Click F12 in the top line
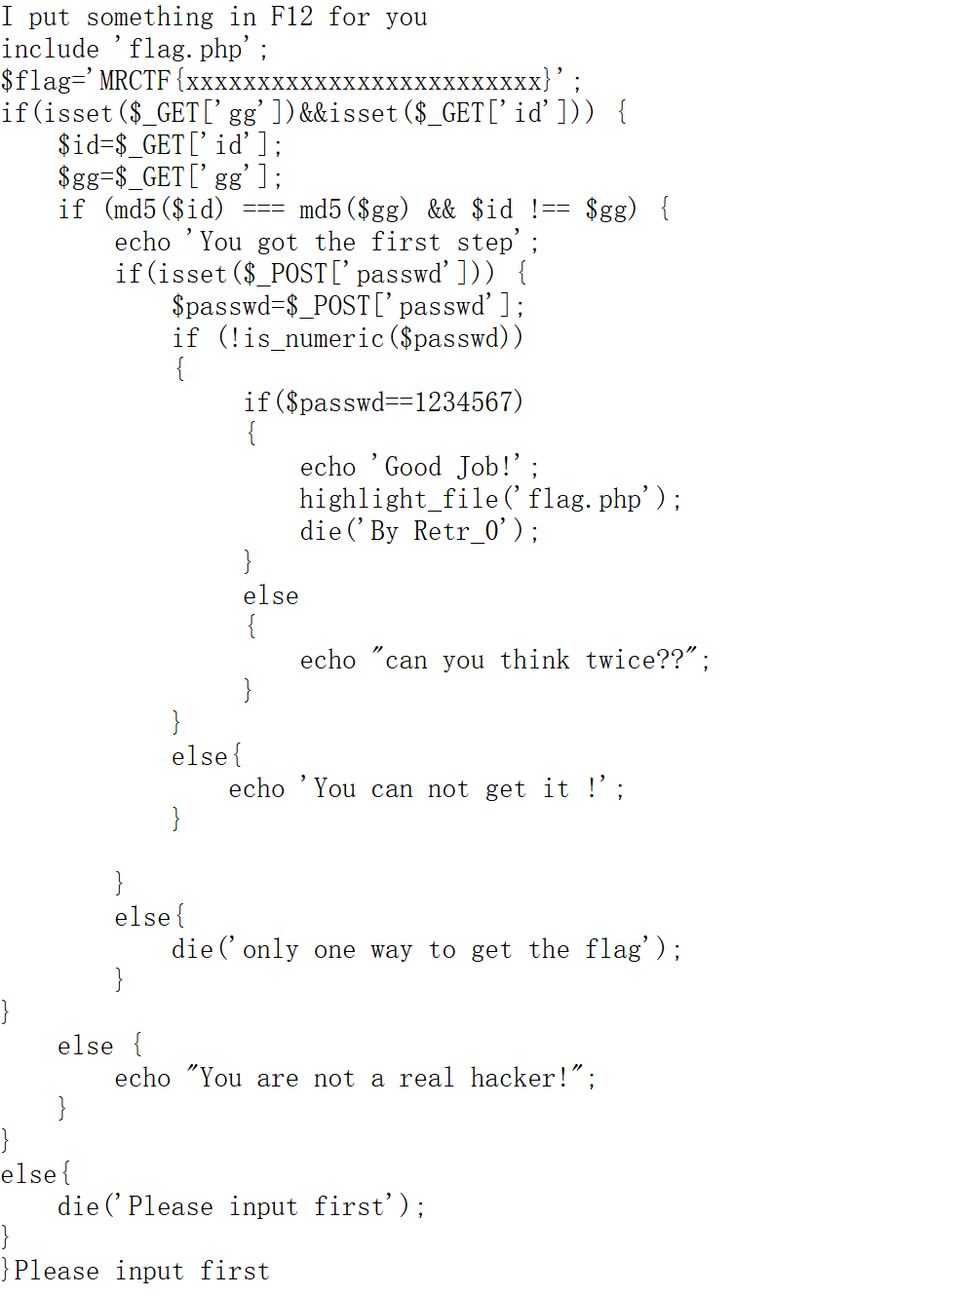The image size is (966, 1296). point(291,17)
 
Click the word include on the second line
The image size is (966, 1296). point(51,49)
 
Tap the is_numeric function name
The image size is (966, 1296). point(314,338)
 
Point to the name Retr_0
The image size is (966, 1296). point(456,531)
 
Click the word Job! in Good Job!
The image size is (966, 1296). point(484,467)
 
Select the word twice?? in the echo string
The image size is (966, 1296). point(635,660)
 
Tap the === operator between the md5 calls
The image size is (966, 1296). point(263,210)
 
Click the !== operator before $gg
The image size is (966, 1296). point(549,210)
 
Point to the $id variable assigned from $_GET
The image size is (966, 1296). point(78,145)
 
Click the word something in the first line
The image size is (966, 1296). point(150,18)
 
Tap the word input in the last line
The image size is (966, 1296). point(149,1272)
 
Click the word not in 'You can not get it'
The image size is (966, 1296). point(448,789)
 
